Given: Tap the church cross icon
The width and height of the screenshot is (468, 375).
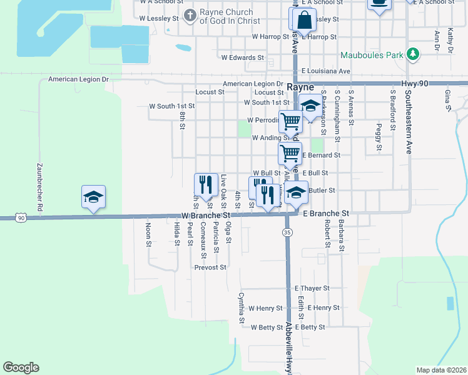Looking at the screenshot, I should click(x=190, y=13).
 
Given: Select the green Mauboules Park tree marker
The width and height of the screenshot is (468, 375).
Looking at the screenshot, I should click(x=412, y=55).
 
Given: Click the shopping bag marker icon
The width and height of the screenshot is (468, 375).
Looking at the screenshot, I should click(x=304, y=21).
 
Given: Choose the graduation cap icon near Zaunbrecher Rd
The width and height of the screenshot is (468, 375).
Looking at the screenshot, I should click(x=93, y=197).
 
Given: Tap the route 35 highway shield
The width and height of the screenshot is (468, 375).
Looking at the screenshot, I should click(x=287, y=232).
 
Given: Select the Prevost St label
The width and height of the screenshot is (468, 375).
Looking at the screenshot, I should click(x=210, y=267).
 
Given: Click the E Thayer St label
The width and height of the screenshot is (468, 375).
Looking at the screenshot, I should click(x=312, y=288).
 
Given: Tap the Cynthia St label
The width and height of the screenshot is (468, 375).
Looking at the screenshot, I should click(x=240, y=309).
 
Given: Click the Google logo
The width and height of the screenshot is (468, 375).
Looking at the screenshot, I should click(x=21, y=367).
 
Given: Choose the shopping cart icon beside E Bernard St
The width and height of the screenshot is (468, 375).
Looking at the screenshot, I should click(x=290, y=152).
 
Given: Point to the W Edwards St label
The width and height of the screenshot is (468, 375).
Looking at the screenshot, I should click(x=243, y=57).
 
